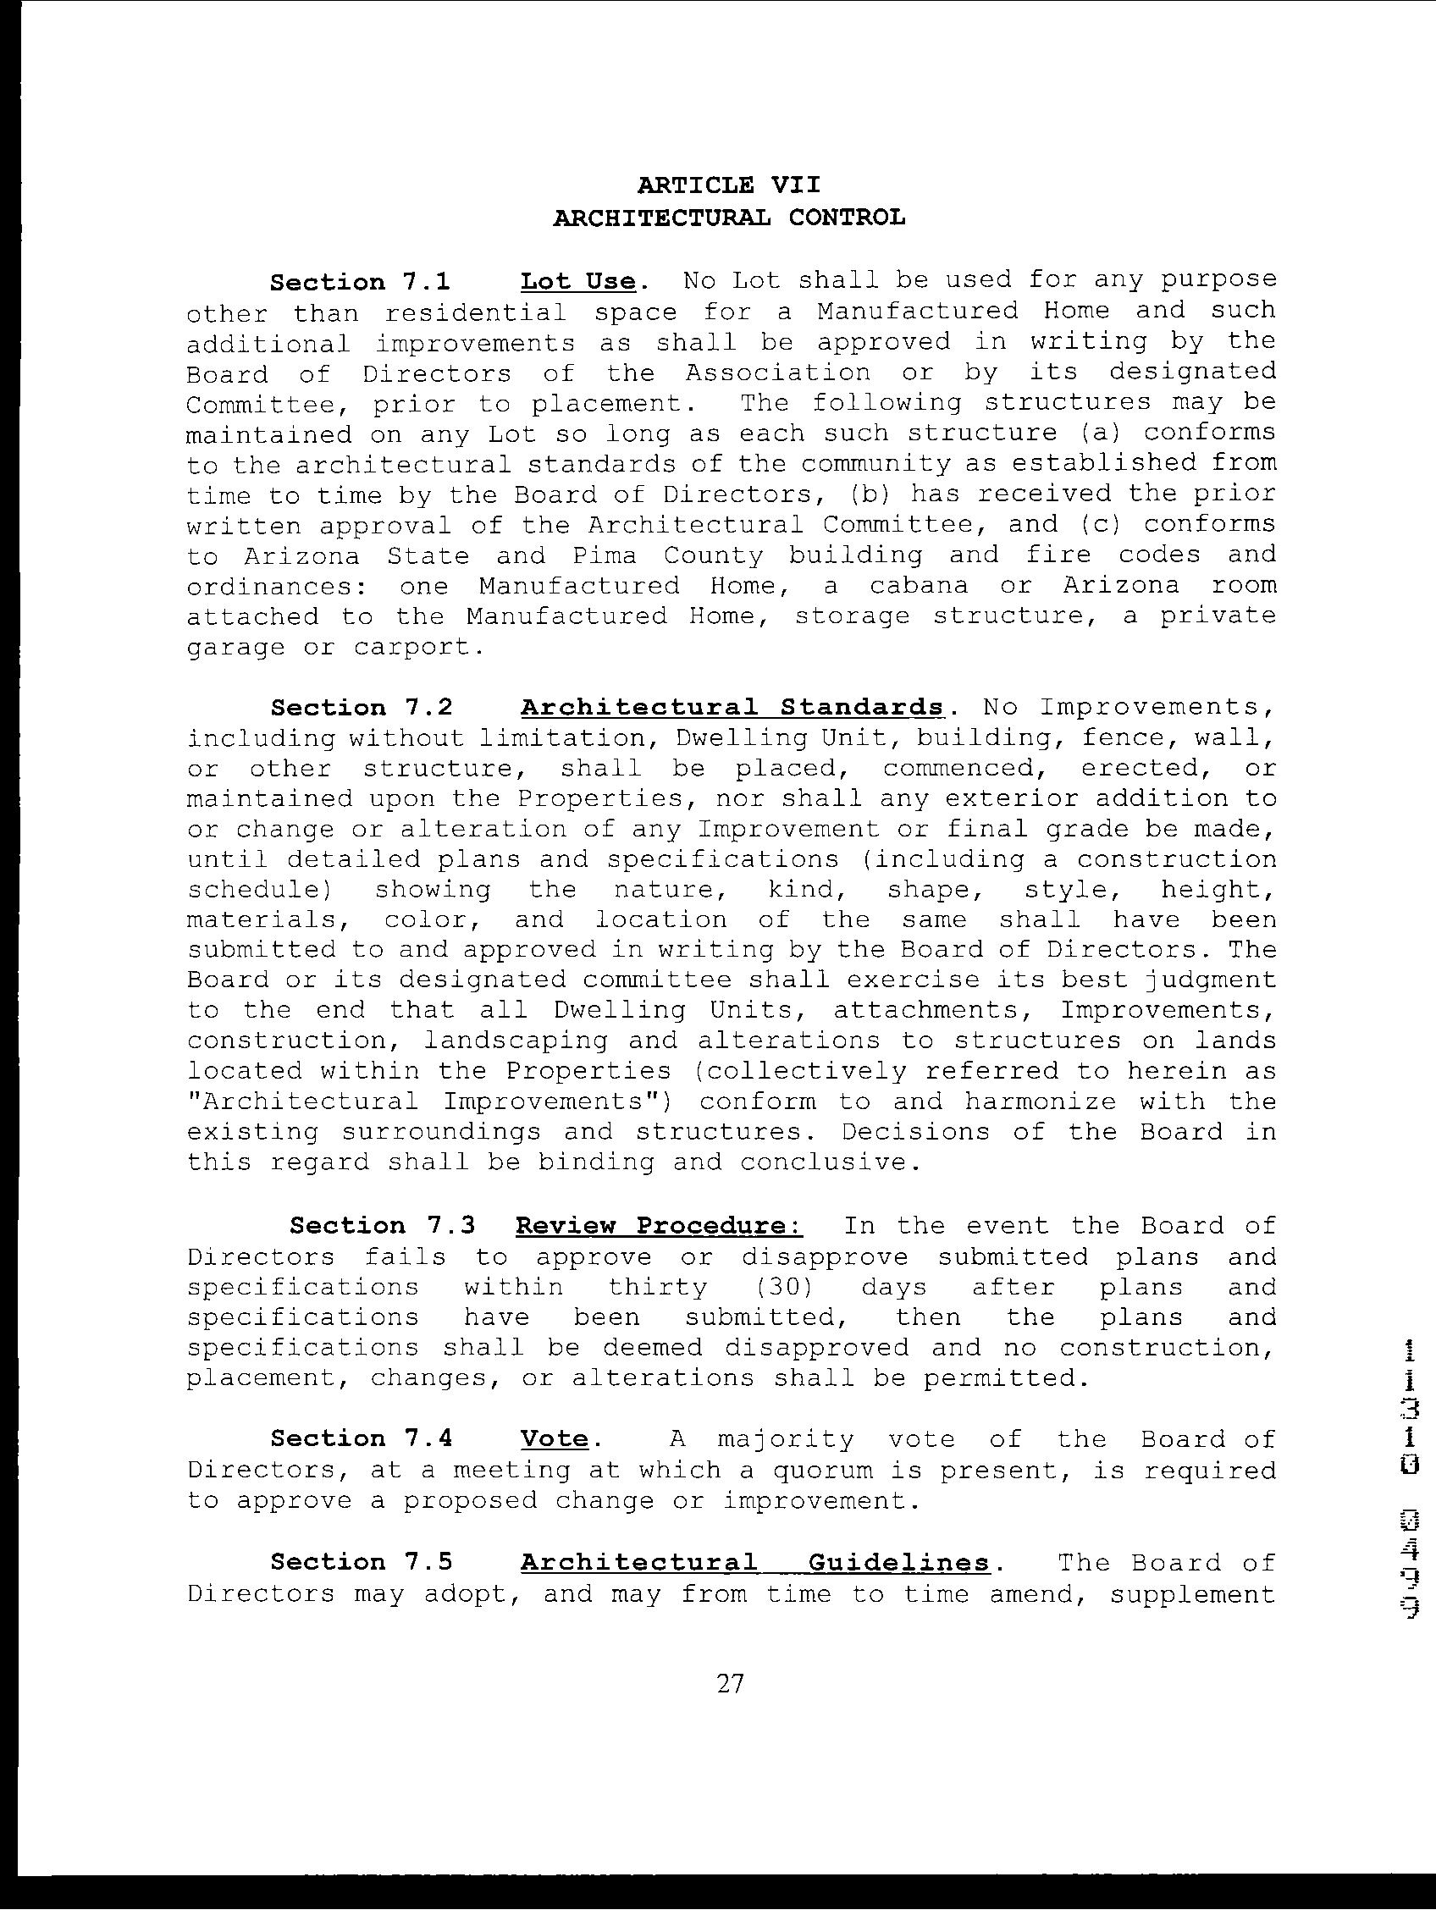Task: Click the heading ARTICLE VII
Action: click(x=729, y=185)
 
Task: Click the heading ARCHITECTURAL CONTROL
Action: click(x=729, y=218)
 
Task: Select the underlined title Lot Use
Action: click(x=577, y=283)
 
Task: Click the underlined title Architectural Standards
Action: click(x=732, y=707)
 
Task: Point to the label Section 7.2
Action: click(x=361, y=708)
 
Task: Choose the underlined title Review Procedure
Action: click(x=659, y=1226)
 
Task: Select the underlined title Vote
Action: click(x=555, y=1438)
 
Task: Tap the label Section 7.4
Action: click(x=361, y=1438)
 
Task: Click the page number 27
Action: click(x=730, y=1683)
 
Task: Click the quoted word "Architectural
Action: click(x=302, y=1101)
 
